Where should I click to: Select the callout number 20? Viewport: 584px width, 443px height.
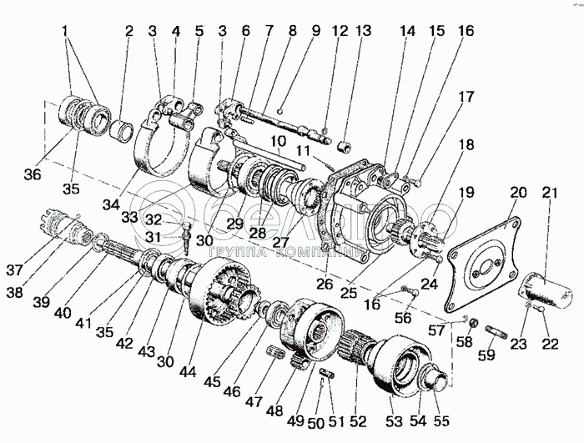click(518, 194)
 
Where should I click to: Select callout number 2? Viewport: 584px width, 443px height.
click(129, 31)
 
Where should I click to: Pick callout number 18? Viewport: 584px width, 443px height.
click(464, 144)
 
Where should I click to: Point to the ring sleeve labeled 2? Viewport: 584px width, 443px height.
click(123, 131)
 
